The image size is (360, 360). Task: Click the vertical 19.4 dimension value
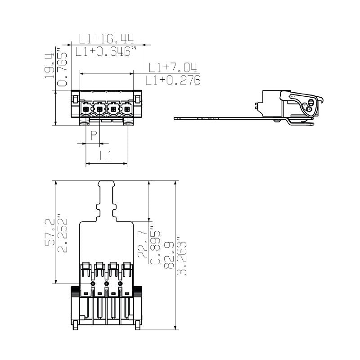49,66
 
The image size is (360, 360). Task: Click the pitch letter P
94,135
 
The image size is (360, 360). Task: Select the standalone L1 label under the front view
106,156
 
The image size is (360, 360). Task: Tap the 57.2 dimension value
50,233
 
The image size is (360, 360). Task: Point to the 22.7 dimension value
143,244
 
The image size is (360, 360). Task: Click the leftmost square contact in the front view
85,109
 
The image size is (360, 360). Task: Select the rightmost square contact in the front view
127,109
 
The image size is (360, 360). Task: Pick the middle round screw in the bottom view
107,283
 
